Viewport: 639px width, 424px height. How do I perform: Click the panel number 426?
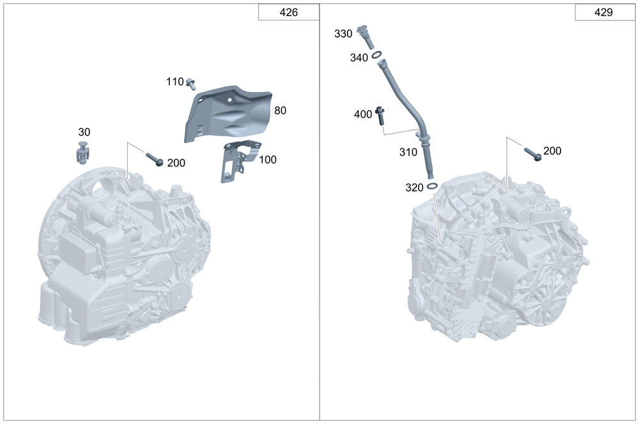pyautogui.click(x=289, y=12)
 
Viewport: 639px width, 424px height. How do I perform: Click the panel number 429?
pyautogui.click(x=604, y=12)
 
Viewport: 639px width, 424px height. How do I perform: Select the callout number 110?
pyautogui.click(x=175, y=82)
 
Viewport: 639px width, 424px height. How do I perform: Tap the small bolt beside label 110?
pyautogui.click(x=190, y=84)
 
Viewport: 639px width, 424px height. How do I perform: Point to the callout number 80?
pyautogui.click(x=281, y=110)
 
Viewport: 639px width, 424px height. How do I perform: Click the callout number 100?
pyautogui.click(x=268, y=160)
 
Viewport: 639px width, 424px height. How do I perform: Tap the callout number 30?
pyautogui.click(x=84, y=132)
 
